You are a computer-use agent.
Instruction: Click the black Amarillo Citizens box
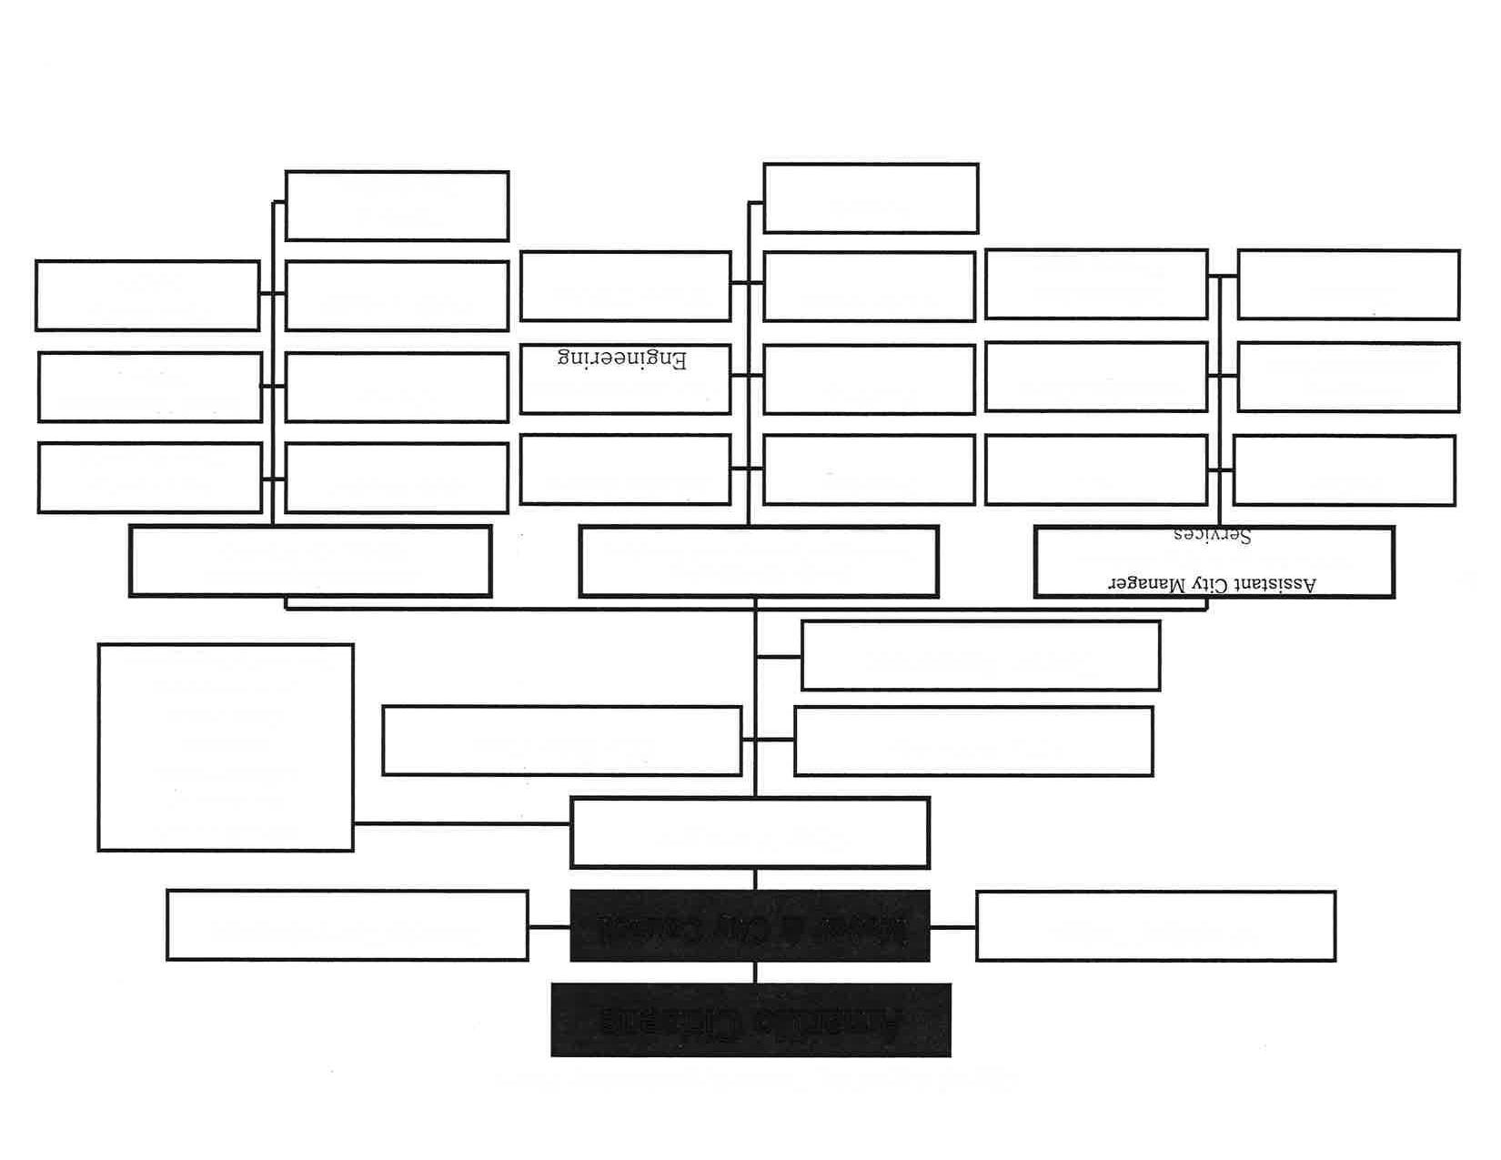tap(750, 1020)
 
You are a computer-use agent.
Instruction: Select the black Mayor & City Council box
tap(750, 926)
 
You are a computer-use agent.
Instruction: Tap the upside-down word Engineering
tap(622, 359)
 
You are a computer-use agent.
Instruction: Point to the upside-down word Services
tap(1212, 535)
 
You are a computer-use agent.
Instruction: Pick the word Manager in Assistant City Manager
tap(1143, 584)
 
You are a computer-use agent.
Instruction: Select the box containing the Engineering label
tap(625, 379)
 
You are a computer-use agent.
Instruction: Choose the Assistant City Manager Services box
tap(1214, 561)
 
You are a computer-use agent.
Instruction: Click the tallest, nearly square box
tap(226, 747)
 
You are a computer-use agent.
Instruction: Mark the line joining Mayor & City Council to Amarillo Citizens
tap(755, 972)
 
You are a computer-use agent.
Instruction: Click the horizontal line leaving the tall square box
tap(462, 823)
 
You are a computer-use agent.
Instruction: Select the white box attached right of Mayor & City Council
tap(1155, 926)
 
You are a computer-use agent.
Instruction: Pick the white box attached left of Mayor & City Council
tap(347, 926)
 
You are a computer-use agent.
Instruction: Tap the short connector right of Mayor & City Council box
tap(952, 927)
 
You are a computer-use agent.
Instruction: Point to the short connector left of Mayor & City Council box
tap(549, 927)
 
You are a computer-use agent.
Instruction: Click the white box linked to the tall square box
tap(750, 833)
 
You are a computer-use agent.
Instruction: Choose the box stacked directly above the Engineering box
tap(625, 287)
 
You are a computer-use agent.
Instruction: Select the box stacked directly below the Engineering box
tap(625, 469)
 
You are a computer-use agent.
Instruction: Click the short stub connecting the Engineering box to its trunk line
tap(740, 376)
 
